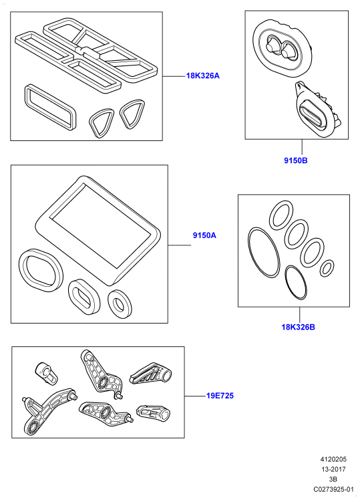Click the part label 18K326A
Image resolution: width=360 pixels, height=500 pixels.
(203, 76)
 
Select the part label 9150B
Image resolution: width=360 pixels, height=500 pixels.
(296, 160)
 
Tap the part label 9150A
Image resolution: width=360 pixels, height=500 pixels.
(204, 235)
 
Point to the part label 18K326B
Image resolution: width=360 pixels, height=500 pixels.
(298, 327)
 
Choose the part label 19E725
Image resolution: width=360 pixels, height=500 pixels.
(220, 396)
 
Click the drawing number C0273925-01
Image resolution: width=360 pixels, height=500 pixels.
(333, 489)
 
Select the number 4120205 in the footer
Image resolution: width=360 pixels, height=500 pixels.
(333, 459)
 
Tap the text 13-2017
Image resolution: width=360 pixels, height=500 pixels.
(333, 469)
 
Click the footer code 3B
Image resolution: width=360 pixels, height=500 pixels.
(333, 479)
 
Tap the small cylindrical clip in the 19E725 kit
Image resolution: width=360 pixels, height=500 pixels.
(45, 372)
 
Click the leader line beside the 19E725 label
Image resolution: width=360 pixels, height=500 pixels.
(195, 396)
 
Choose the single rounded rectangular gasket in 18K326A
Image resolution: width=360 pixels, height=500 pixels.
(50, 108)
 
